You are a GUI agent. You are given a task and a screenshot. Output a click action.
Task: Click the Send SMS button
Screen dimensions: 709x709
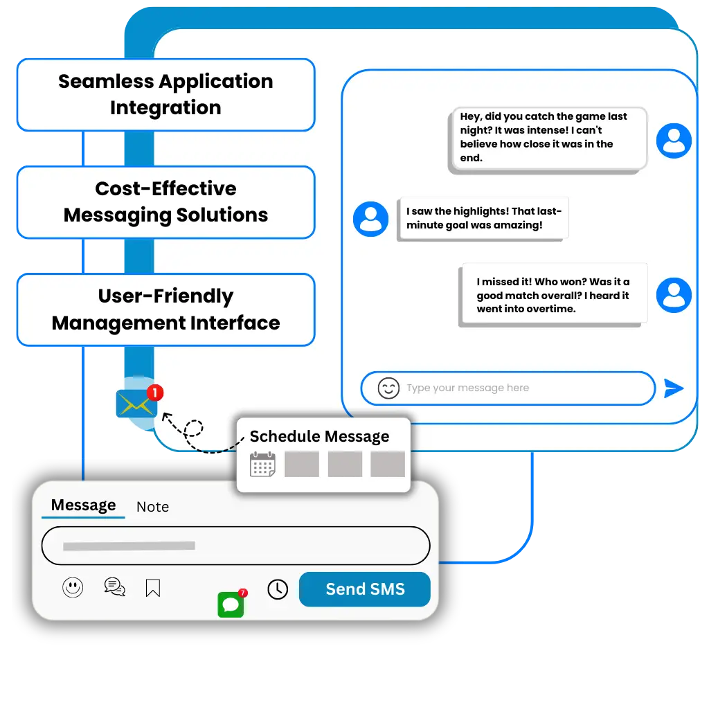365,589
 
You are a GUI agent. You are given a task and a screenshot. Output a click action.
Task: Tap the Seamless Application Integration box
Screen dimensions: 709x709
165,95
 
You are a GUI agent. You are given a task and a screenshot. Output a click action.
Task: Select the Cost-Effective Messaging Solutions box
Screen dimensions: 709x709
165,201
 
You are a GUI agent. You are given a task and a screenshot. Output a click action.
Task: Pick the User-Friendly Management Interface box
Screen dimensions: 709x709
165,309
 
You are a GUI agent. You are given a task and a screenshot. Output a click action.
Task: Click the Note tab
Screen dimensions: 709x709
152,507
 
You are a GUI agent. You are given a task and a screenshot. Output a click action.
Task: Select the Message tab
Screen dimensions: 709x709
83,505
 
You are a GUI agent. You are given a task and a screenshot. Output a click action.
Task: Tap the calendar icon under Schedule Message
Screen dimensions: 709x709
262,464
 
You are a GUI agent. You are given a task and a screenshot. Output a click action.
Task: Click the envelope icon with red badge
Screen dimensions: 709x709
136,403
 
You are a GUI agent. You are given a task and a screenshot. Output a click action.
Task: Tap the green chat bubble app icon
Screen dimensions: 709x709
231,604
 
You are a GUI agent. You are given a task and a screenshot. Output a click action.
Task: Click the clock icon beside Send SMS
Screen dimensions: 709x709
278,589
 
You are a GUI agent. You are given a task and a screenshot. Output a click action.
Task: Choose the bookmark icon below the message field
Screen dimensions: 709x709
153,589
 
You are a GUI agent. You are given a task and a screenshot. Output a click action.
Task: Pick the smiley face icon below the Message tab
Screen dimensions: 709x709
73,588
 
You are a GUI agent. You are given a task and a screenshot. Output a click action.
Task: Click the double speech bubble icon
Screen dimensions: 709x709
114,587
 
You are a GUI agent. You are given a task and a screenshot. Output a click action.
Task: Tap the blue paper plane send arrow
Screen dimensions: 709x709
673,388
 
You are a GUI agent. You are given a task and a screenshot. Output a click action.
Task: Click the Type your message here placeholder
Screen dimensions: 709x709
467,388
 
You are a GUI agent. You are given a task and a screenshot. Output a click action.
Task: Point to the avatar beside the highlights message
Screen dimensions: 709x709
370,219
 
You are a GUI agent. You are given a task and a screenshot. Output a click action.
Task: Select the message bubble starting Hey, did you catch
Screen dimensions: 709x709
547,138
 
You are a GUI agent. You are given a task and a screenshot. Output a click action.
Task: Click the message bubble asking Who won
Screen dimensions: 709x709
554,295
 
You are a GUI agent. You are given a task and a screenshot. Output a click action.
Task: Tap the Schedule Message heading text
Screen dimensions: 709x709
319,436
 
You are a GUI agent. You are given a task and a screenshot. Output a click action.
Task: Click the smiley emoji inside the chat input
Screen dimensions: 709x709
388,388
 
